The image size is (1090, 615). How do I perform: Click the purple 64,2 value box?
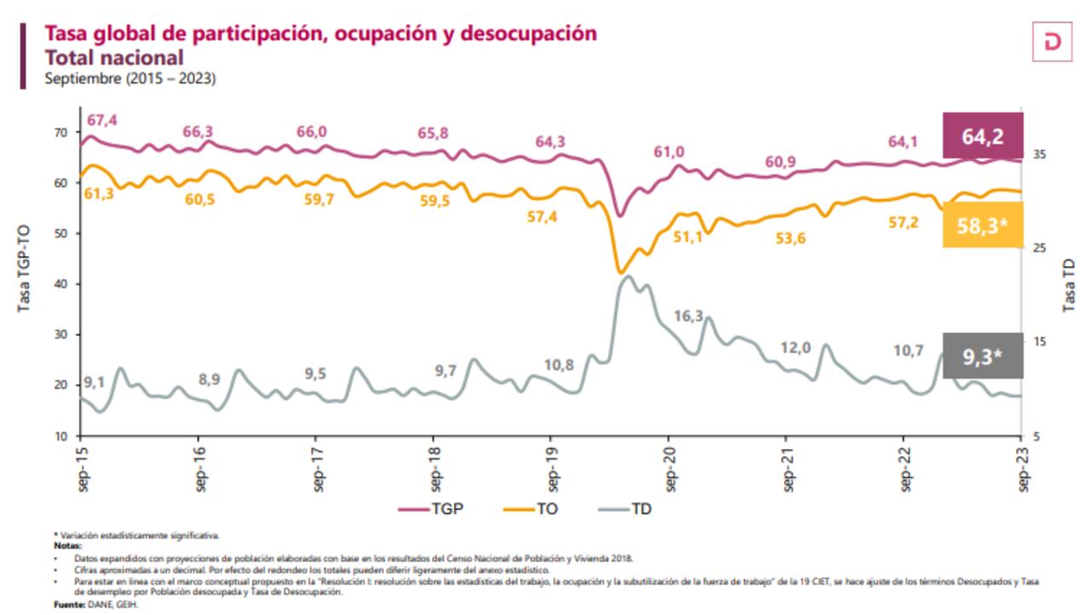[x=982, y=136]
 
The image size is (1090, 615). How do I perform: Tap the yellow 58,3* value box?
[x=982, y=225]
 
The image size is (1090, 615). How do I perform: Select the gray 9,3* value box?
[x=982, y=357]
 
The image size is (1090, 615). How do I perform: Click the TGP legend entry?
[x=437, y=509]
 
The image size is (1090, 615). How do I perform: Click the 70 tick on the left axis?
[x=60, y=133]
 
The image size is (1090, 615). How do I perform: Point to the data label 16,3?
[x=688, y=316]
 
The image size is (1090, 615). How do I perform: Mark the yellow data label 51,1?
[x=688, y=237]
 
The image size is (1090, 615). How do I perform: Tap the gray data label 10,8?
[x=559, y=365]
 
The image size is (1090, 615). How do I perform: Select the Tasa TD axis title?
[x=1070, y=284]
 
